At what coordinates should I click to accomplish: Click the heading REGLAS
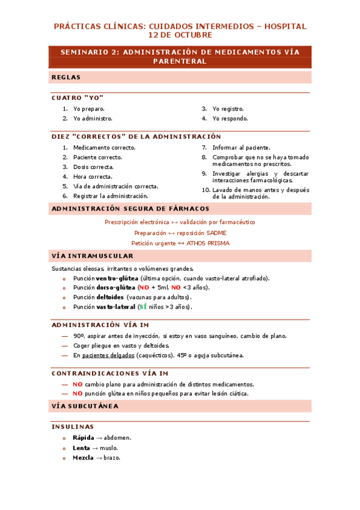point(66,78)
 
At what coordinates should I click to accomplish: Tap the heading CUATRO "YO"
point(78,98)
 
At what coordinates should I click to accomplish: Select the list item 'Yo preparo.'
point(89,109)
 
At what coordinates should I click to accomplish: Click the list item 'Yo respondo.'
point(230,118)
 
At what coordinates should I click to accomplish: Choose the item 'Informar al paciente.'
point(241,147)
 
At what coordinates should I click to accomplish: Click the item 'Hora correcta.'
point(93,177)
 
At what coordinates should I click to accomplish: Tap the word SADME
point(217,233)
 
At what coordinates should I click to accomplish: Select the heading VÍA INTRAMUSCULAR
point(93,256)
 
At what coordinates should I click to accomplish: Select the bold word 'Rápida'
point(84,437)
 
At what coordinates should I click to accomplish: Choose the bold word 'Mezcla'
point(83,458)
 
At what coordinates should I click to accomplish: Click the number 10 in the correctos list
point(206,190)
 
